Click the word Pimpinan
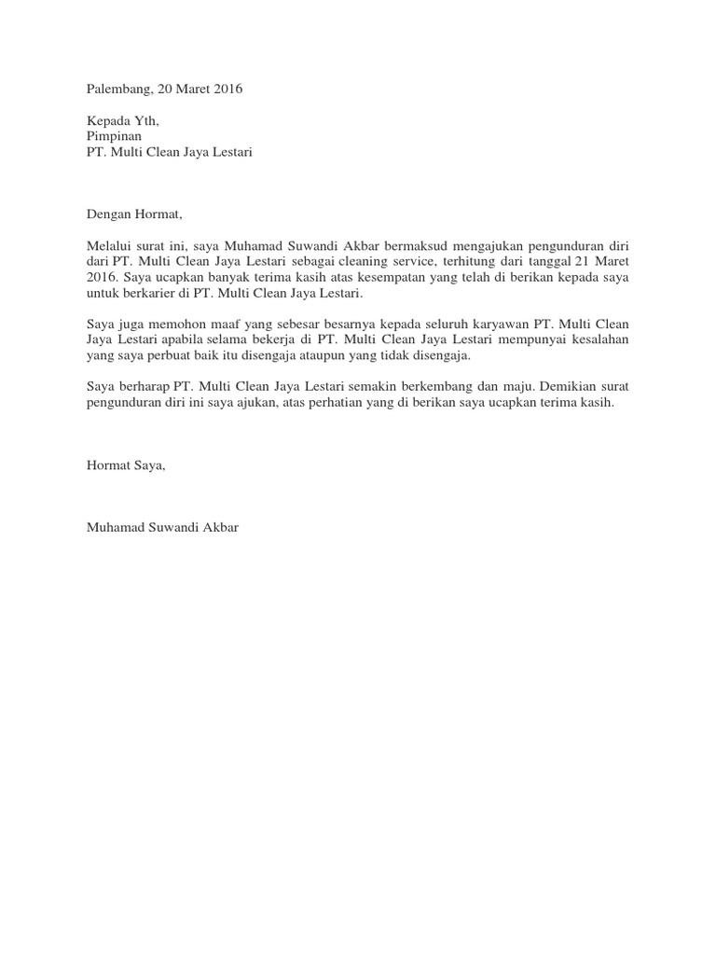click(114, 135)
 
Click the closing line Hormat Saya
click(125, 466)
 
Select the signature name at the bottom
click(162, 528)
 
